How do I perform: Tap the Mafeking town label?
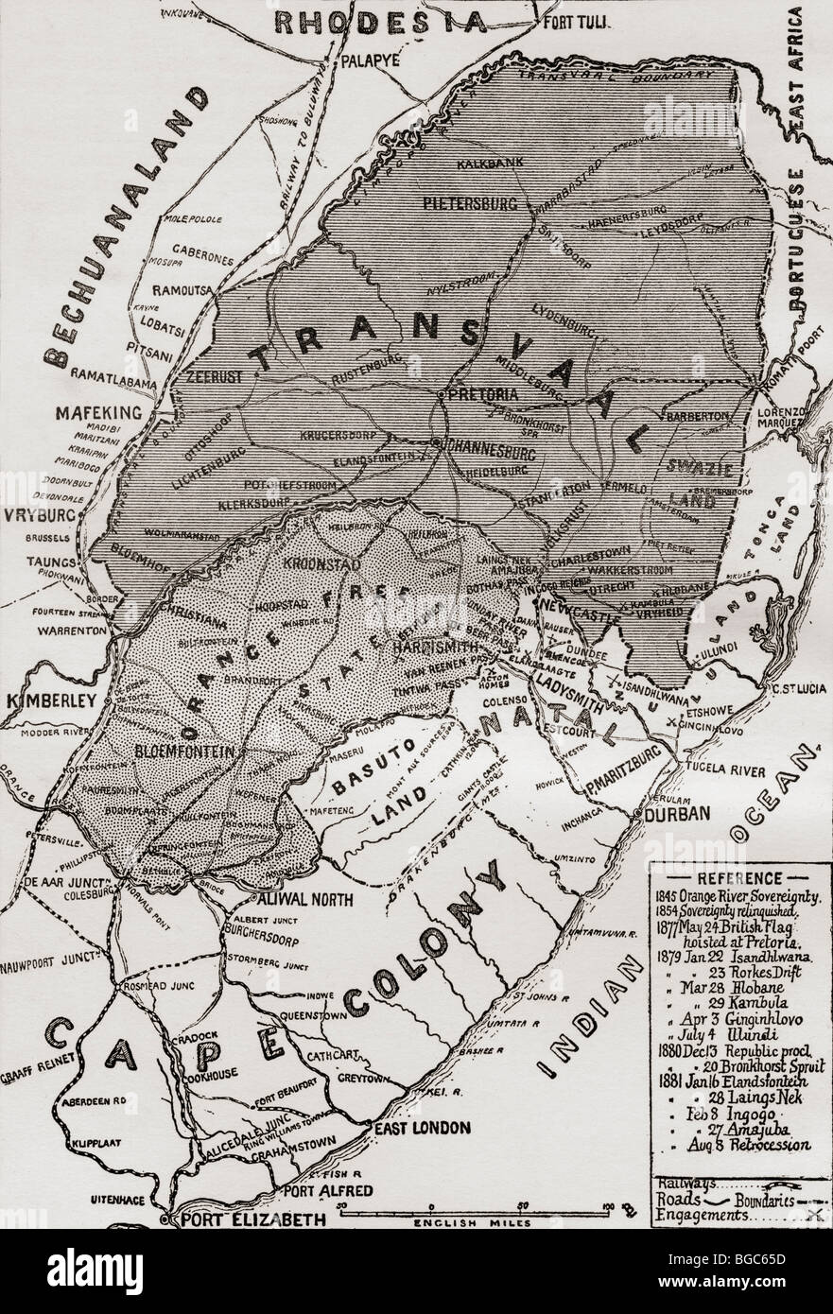click(96, 412)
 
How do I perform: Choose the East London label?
click(422, 1128)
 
